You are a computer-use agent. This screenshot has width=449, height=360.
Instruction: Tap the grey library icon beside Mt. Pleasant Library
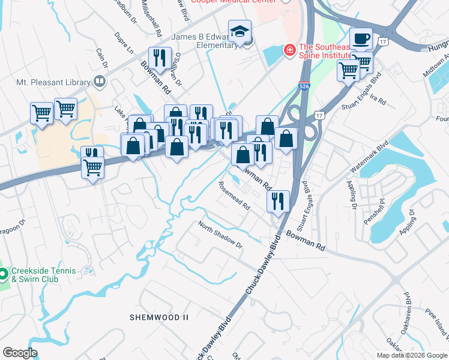pos(100,82)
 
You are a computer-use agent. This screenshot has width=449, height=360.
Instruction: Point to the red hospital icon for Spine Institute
pos(290,49)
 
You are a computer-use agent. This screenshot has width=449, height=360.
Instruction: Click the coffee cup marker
pos(361,40)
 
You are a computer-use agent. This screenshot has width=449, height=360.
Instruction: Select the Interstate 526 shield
pos(304,88)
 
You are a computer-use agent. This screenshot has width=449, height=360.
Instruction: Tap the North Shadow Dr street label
pos(220,237)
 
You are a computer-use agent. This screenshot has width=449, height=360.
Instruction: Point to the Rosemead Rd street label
pos(234,196)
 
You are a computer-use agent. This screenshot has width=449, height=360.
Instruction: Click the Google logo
pos(20,353)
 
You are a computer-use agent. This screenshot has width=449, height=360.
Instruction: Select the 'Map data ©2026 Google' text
pos(412,355)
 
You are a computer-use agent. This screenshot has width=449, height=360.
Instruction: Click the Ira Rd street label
pos(378,99)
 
